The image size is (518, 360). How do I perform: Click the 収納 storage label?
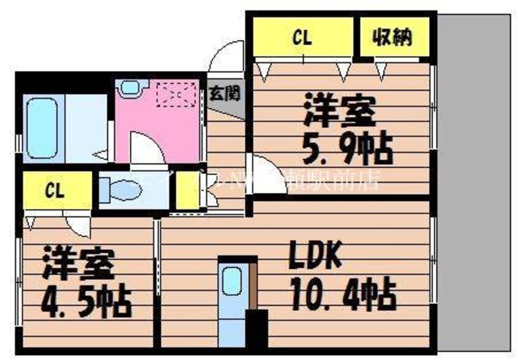[x=393, y=38]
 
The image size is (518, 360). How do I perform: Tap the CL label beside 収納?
[x=302, y=38]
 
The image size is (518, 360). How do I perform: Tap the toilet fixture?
[x=118, y=190]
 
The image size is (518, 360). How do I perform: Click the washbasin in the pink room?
[x=130, y=87]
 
